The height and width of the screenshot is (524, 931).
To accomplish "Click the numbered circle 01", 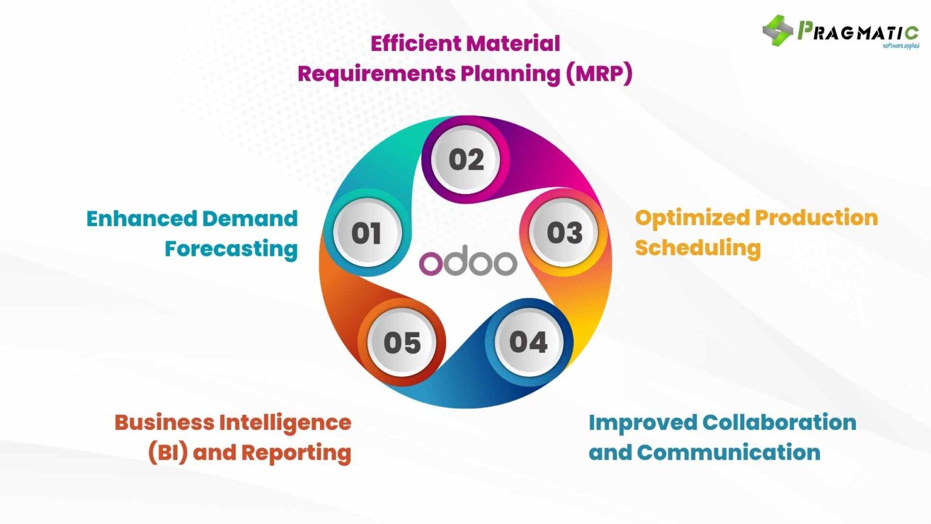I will [x=366, y=233].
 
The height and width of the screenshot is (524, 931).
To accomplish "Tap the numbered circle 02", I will [x=466, y=160].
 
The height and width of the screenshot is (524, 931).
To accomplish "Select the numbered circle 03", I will [x=564, y=233].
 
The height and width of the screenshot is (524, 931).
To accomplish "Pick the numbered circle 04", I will [x=528, y=343].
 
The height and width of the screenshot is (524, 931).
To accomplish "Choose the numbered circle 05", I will [x=402, y=343].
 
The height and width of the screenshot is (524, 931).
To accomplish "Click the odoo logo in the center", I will [x=468, y=263].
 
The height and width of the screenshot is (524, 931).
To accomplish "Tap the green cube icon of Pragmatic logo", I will [x=778, y=30].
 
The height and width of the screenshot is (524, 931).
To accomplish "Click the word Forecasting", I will [x=231, y=249].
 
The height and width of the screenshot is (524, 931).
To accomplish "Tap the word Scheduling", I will [x=698, y=248].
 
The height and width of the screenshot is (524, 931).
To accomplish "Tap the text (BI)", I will [x=168, y=452].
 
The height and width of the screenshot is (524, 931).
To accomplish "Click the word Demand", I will [x=250, y=218].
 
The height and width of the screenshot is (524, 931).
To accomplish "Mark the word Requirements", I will [x=376, y=74].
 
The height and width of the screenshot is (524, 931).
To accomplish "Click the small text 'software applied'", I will [x=901, y=46].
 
